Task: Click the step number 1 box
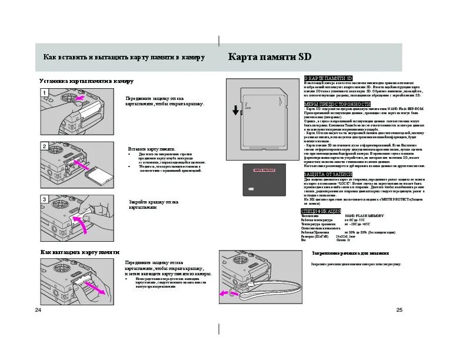44,92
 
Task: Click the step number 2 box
44,145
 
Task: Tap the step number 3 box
44,199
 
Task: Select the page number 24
38,310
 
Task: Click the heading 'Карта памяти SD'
269,58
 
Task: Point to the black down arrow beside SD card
235,110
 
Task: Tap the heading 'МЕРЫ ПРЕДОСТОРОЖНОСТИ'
329,104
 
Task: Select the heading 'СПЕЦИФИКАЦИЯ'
321,211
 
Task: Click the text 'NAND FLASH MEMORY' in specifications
365,216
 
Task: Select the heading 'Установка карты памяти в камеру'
86,81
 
